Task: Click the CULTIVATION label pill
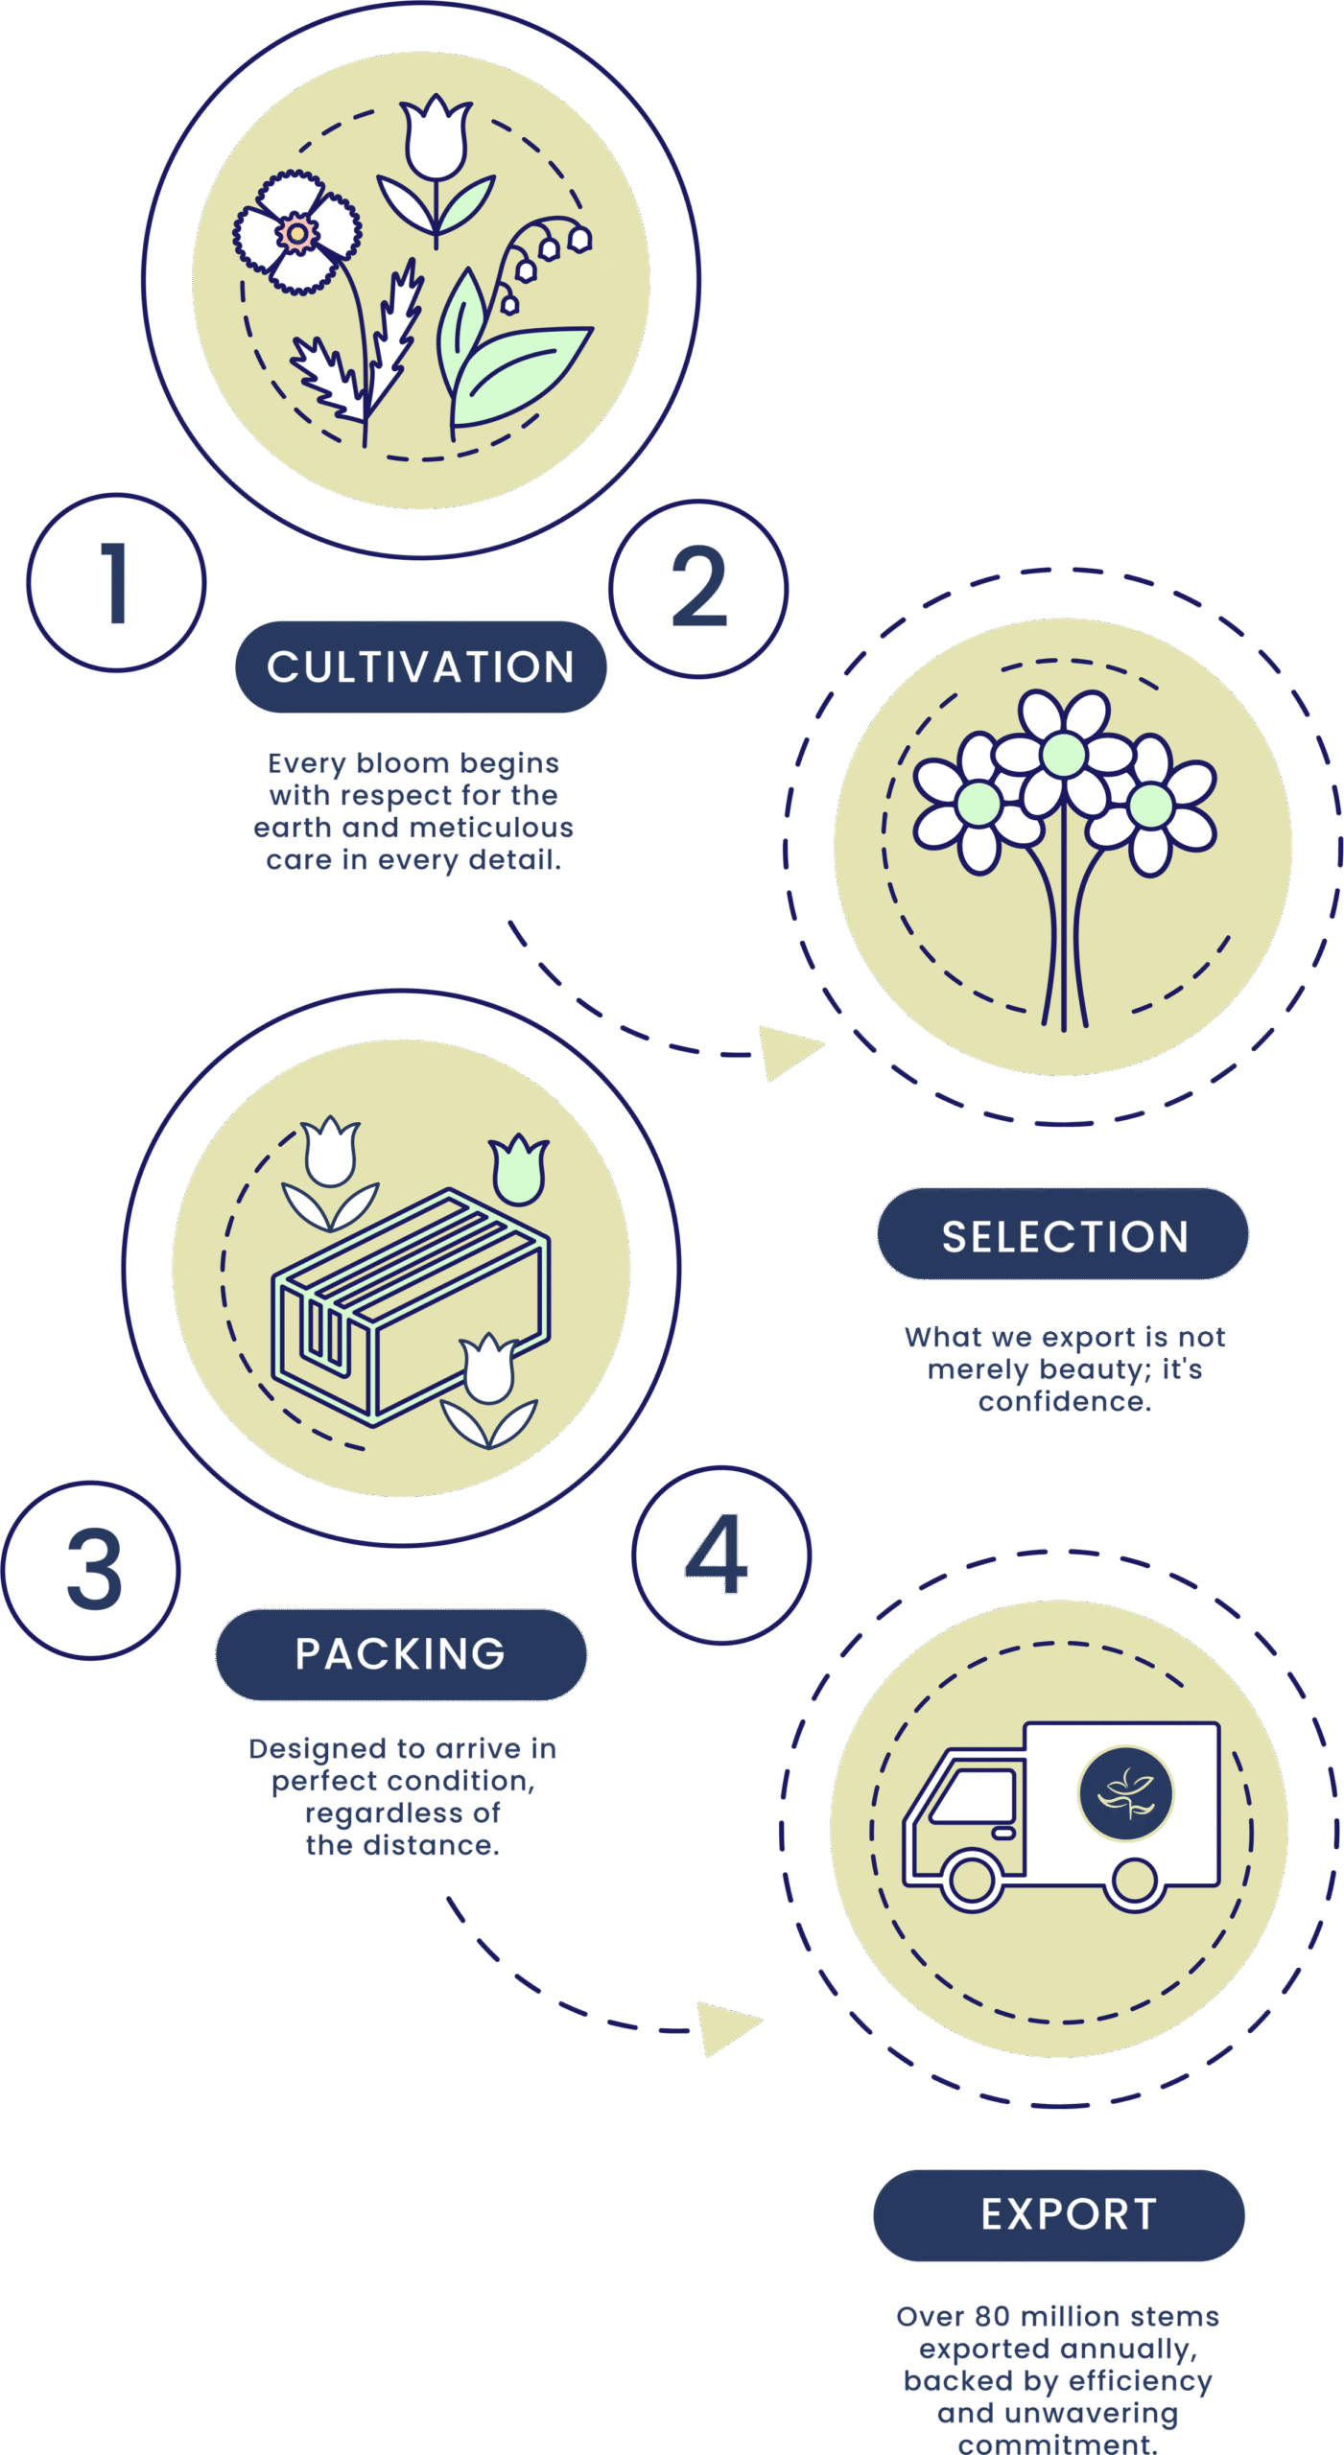coord(420,666)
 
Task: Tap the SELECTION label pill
coord(1063,1235)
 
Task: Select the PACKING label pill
coord(401,1654)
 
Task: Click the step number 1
coord(116,583)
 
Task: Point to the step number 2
coord(698,588)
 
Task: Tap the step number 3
coord(93,1571)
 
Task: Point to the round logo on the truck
coord(1125,1792)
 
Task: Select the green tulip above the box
coord(519,1171)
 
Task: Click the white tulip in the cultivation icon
coord(436,139)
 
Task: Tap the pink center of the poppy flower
coord(297,233)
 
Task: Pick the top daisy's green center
coord(1063,755)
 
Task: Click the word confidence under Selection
coord(1064,1402)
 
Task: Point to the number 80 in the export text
coord(992,2317)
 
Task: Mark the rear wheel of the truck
coord(1135,1881)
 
